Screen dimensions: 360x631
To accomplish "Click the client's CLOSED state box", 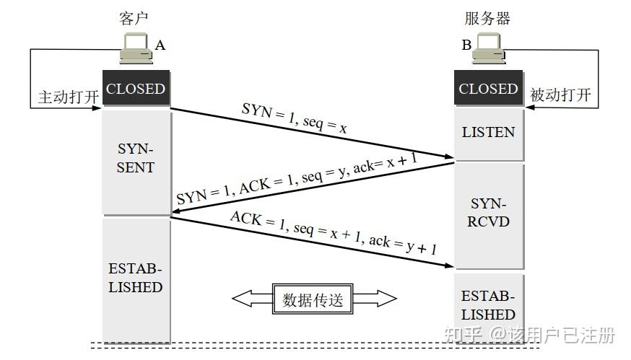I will [136, 89].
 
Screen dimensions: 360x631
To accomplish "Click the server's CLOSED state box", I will [489, 89].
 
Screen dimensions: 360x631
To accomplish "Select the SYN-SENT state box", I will [136, 158].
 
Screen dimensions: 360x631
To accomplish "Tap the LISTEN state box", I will [489, 133].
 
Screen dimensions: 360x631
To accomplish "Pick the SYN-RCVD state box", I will [489, 213].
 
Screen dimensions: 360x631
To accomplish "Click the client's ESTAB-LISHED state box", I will [136, 278].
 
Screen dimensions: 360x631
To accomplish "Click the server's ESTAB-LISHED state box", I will [489, 306].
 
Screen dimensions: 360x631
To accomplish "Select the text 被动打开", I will [560, 95].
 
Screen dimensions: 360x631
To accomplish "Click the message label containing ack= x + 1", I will [296, 180].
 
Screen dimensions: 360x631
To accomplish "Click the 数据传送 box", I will [313, 299].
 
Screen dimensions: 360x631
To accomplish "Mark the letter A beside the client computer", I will [160, 45].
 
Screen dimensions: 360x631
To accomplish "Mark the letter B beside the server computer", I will [466, 45].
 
